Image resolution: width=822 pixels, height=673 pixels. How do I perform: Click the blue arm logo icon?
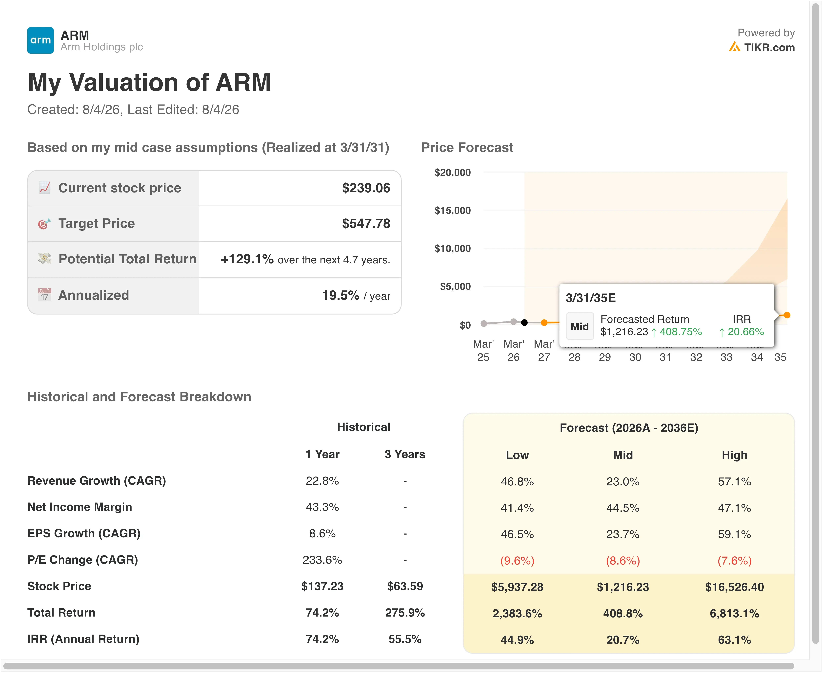[x=40, y=40]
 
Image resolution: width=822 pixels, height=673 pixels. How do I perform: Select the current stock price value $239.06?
[x=366, y=188]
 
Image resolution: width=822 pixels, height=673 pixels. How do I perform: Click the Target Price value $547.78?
[x=366, y=224]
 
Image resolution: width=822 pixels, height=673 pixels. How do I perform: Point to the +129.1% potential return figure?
[x=247, y=259]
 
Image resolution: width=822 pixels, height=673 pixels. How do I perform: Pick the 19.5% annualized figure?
[x=341, y=295]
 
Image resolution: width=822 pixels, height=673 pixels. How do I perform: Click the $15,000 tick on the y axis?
[x=453, y=211]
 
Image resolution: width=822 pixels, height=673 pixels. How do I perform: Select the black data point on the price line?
[x=524, y=322]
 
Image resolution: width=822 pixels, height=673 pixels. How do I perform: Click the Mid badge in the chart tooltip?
[x=580, y=326]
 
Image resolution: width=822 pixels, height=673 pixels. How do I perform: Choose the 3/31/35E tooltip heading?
[x=591, y=298]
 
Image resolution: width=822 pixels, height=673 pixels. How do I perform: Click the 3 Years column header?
[x=405, y=454]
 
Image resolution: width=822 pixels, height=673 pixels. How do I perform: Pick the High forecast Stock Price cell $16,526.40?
[x=734, y=587]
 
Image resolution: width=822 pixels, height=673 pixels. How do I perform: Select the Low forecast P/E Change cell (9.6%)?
[x=517, y=561]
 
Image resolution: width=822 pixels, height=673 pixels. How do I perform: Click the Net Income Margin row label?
[x=80, y=507]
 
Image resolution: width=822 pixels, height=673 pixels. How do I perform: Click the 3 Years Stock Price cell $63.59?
[x=405, y=586]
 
